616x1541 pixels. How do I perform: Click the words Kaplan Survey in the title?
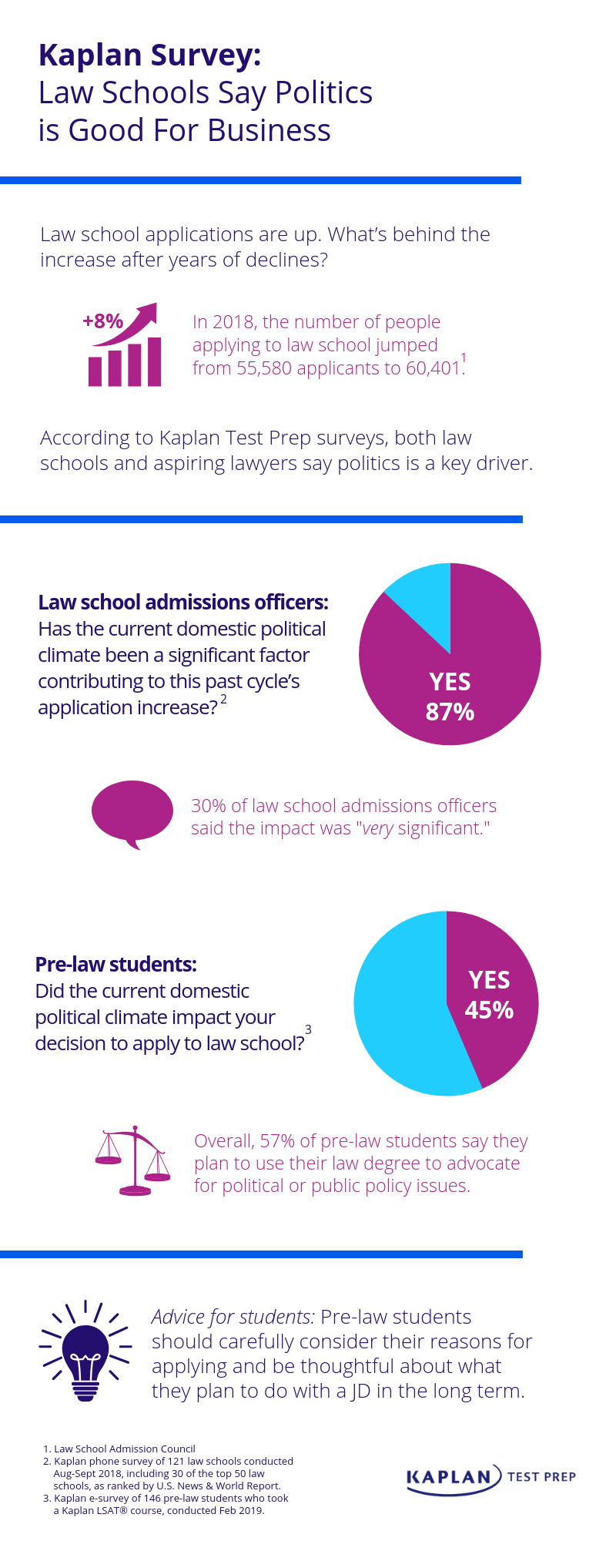(x=150, y=55)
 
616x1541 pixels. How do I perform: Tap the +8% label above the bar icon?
(x=102, y=321)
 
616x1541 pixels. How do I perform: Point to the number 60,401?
(x=434, y=368)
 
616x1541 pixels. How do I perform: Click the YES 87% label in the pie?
(x=450, y=697)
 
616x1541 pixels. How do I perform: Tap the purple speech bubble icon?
(x=132, y=812)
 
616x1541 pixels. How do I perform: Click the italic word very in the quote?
(x=377, y=828)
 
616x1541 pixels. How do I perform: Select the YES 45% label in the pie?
(x=489, y=995)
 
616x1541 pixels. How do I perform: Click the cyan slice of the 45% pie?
(x=400, y=1009)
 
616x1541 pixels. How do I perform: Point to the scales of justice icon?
(x=133, y=1160)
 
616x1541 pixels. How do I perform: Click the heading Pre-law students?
(x=115, y=964)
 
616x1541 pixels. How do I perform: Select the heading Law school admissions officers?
(x=183, y=602)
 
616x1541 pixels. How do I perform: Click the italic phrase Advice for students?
(x=233, y=1317)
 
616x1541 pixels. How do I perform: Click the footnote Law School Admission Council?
(x=124, y=1449)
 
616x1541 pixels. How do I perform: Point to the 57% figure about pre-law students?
(x=277, y=1141)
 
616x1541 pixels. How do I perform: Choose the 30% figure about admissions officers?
(x=208, y=806)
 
